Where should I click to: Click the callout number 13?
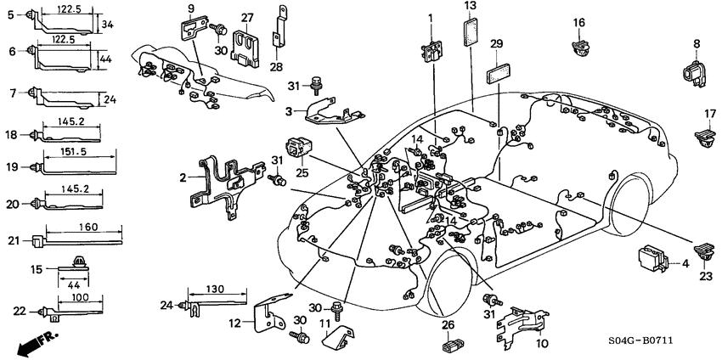coord(471,7)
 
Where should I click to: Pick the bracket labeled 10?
coord(520,327)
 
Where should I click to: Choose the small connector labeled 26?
coord(450,346)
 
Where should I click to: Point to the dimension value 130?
coord(219,290)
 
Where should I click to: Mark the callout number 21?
coord(12,241)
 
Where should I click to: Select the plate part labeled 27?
coord(247,47)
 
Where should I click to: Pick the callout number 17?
coord(710,114)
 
